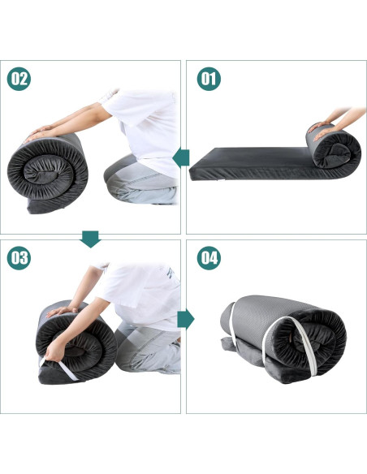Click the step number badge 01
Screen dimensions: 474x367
209,79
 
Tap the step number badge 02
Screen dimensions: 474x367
19,79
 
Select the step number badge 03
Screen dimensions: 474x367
19,258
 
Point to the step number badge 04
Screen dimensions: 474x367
209,258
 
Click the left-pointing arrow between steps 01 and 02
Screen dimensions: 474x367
182,157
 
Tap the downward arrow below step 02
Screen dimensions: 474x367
90,238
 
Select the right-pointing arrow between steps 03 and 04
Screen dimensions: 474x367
186,318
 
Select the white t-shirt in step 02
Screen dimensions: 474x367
150,122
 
